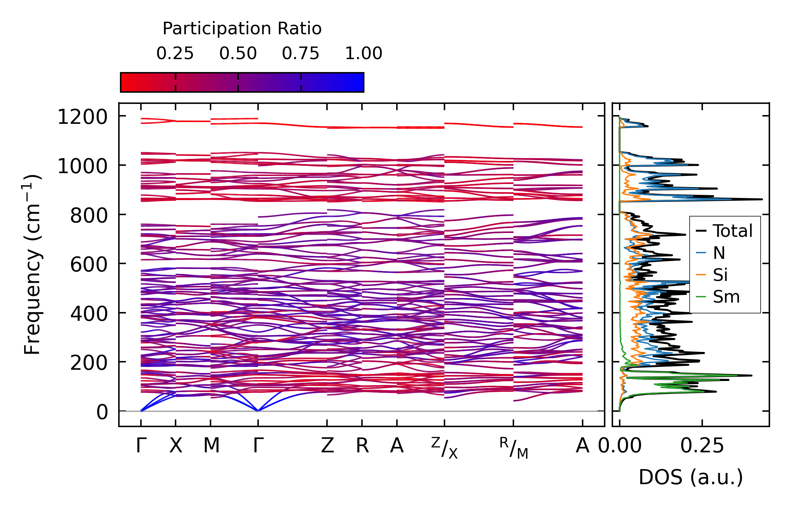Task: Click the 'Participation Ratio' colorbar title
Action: tap(242, 29)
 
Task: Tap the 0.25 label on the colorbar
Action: tap(175, 54)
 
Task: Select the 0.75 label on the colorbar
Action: tap(301, 54)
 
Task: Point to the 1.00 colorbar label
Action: tap(364, 54)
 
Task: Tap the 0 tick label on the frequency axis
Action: tap(102, 412)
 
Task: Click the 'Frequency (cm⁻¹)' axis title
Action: tap(32, 264)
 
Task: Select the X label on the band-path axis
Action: tap(176, 446)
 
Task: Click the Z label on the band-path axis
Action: tap(327, 446)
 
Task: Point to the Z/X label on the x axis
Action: tap(444, 448)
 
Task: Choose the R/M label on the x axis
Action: tap(513, 448)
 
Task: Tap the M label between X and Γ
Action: tap(211, 446)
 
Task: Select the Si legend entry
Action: tap(720, 275)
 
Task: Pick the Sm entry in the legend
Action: tap(726, 297)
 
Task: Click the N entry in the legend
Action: tap(719, 253)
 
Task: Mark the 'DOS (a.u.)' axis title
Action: tap(691, 477)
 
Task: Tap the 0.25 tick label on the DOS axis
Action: tap(702, 446)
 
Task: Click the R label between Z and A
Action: tap(362, 446)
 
